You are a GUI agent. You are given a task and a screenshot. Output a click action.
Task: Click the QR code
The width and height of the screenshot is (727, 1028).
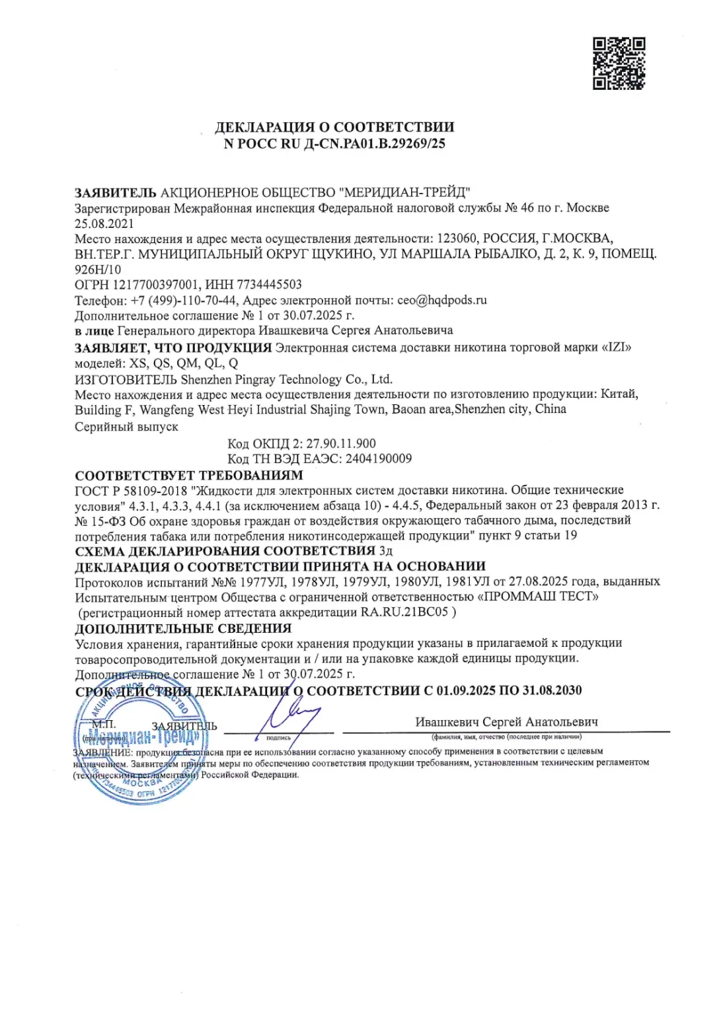tap(619, 63)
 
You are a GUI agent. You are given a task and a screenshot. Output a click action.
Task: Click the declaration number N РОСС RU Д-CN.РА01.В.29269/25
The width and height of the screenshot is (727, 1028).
tap(334, 144)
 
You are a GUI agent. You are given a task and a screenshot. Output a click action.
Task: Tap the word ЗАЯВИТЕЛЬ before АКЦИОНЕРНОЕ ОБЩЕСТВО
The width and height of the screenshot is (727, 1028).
tap(116, 193)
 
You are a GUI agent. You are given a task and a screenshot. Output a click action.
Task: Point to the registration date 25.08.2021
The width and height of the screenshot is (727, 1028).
tap(104, 223)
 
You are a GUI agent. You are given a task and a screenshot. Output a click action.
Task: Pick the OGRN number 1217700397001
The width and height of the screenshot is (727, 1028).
tap(155, 285)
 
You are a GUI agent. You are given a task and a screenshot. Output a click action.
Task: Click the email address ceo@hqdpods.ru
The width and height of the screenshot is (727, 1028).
tap(442, 300)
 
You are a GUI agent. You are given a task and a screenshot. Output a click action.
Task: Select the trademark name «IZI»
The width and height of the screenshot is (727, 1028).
tap(617, 347)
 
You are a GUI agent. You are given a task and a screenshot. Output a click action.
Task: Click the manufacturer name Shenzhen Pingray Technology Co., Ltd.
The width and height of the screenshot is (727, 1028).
tap(286, 379)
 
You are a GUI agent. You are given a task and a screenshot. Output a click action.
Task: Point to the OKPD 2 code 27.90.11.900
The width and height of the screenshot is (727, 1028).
tap(341, 443)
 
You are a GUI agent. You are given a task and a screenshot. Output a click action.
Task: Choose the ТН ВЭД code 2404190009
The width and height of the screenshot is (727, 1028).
tap(378, 459)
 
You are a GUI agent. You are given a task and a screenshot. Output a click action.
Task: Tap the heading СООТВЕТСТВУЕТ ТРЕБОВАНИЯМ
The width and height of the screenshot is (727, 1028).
tap(189, 475)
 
